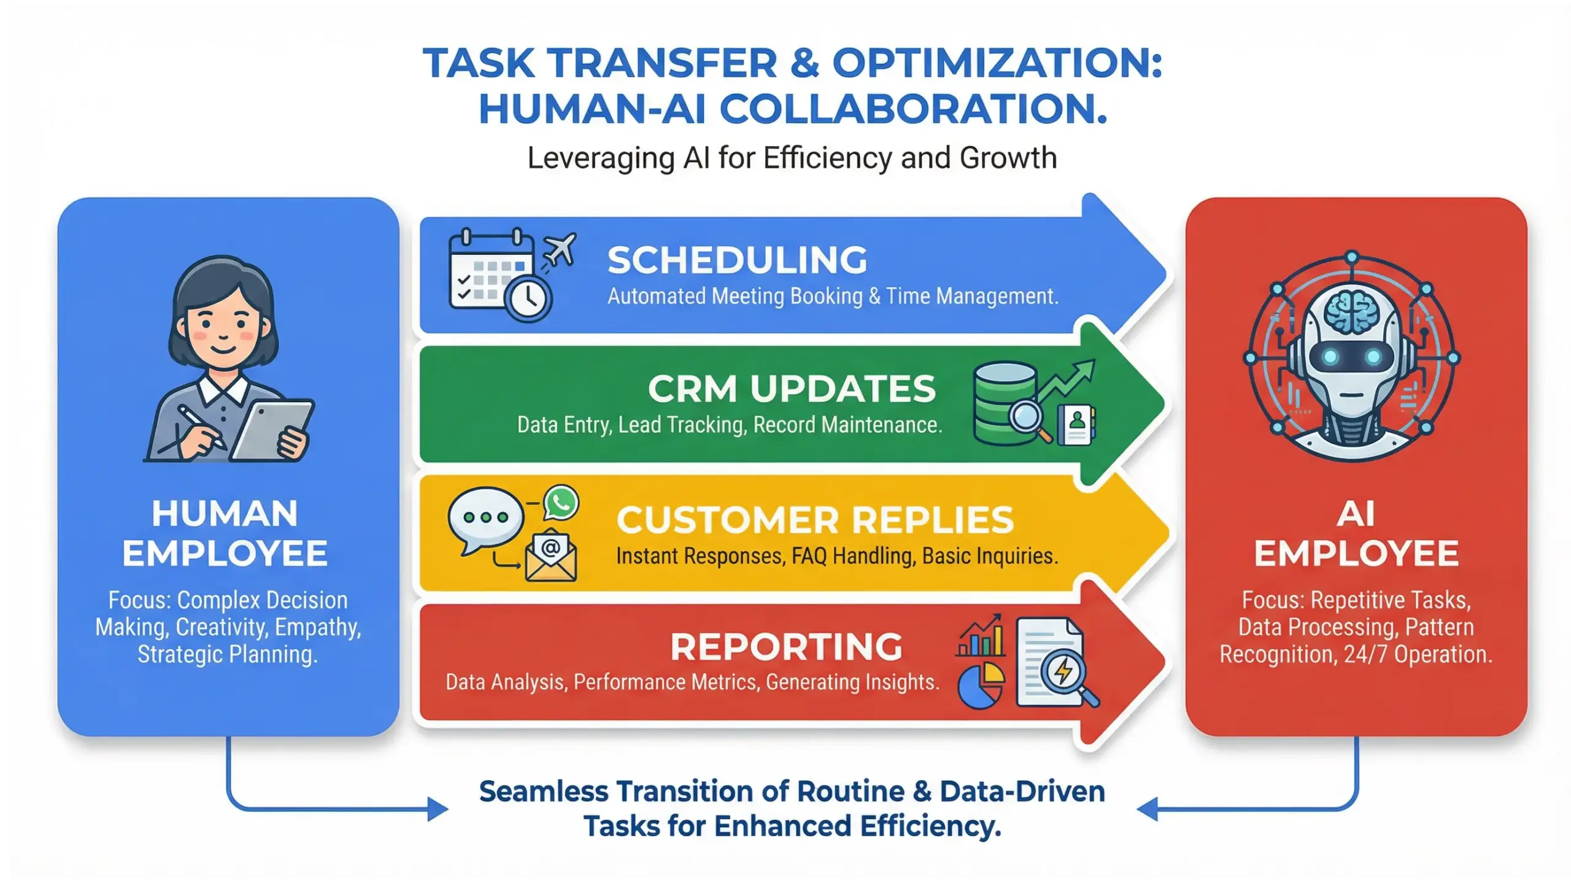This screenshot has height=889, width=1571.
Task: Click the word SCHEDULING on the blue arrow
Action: (737, 260)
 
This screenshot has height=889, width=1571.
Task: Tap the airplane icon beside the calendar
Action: (559, 249)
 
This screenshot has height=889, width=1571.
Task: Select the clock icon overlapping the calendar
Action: (528, 299)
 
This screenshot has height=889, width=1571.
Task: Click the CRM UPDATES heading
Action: (792, 389)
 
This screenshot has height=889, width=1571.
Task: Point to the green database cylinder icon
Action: (1005, 402)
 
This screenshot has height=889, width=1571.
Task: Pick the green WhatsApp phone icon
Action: (561, 503)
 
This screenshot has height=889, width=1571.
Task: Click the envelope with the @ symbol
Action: (550, 555)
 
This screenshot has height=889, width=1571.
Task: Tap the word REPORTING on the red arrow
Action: (786, 646)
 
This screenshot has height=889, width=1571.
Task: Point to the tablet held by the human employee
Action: (271, 430)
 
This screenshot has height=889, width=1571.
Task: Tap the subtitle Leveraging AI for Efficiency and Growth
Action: (792, 158)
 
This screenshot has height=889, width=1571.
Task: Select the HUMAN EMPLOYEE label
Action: (225, 533)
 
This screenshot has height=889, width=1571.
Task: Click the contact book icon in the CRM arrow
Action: (1076, 424)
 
